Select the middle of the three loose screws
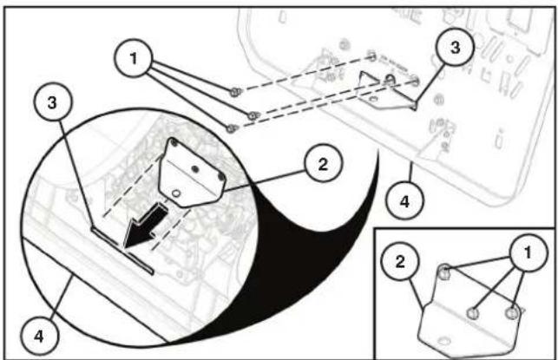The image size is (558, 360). coord(252,115)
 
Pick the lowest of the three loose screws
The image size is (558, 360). coord(232,127)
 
